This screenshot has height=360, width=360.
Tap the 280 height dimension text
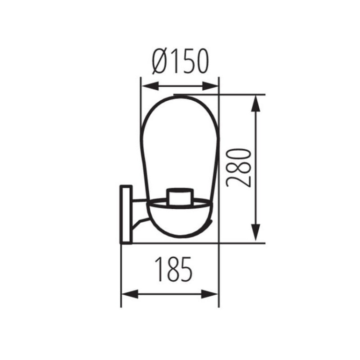(x=239, y=167)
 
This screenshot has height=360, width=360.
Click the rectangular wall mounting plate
(x=126, y=214)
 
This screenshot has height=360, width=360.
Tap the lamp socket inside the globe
(x=180, y=196)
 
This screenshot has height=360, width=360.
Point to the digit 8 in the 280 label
(x=239, y=167)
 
